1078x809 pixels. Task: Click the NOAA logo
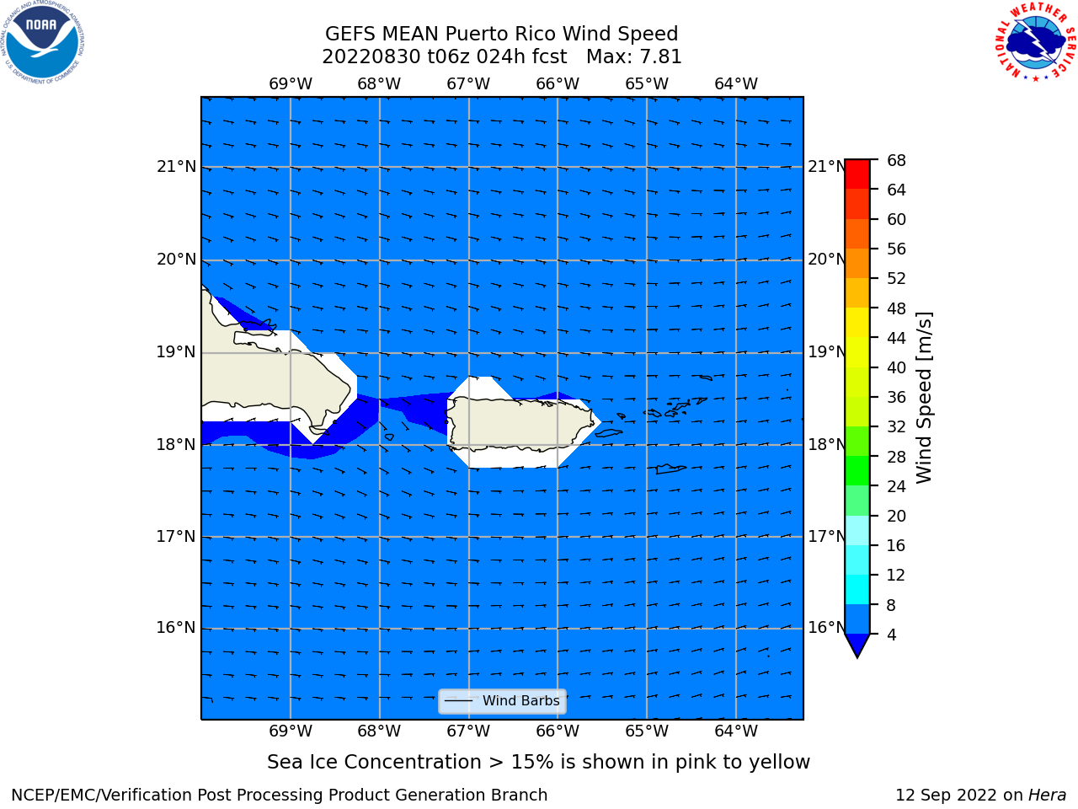click(42, 42)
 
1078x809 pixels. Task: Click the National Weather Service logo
click(1035, 41)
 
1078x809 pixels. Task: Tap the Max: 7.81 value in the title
click(633, 56)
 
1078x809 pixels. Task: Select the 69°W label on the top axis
click(291, 83)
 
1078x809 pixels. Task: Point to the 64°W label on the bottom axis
click(736, 731)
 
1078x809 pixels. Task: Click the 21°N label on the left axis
click(176, 167)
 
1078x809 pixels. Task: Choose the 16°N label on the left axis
click(176, 627)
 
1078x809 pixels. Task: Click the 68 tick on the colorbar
click(896, 161)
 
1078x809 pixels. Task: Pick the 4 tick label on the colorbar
click(891, 635)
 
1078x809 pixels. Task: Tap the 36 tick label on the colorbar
click(896, 397)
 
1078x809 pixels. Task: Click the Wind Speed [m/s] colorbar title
click(924, 398)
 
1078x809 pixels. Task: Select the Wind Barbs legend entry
click(502, 701)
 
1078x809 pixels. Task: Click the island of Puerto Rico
click(520, 423)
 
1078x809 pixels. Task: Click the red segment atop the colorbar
click(857, 174)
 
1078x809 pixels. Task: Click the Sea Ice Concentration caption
click(538, 762)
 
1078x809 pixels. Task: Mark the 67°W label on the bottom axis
click(468, 731)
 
